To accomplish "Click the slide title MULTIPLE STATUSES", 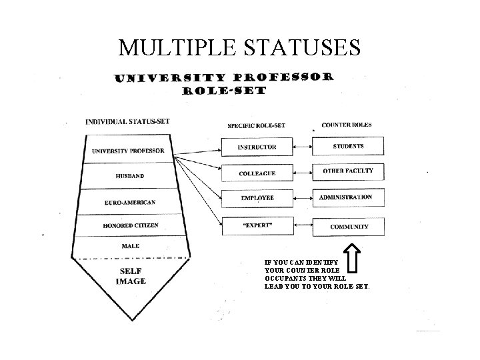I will [240, 48].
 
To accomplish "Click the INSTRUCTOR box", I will [257, 147].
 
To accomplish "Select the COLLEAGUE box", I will [257, 173].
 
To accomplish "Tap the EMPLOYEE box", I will [257, 198].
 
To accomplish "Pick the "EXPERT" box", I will [257, 226].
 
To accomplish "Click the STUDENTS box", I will [348, 147].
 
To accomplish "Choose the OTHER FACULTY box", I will [348, 172].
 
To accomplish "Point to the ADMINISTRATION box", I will [348, 198].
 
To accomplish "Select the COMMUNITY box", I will [348, 227].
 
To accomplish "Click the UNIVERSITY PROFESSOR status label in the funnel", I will [128, 151].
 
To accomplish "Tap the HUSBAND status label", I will [129, 177].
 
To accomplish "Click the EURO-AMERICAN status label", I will [129, 203].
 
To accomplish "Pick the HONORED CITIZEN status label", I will [130, 225].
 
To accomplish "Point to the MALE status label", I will [131, 246].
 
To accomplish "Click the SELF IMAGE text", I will [132, 276].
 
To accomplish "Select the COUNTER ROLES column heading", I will [347, 125].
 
